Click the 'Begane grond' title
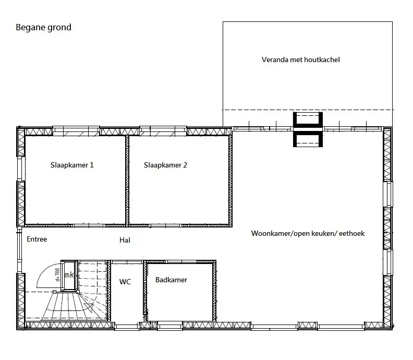(43, 28)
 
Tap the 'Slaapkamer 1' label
(72, 165)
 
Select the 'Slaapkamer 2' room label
(165, 165)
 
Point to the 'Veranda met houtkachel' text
(300, 59)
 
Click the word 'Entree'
(37, 239)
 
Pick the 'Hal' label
(125, 240)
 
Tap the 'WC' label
(125, 282)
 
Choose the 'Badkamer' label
(171, 280)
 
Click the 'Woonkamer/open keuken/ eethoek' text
(308, 234)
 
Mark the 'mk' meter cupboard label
(69, 275)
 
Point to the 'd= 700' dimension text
(58, 274)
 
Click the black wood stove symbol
(308, 129)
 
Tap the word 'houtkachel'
(322, 59)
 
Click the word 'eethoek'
(352, 234)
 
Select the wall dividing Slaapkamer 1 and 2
(127, 181)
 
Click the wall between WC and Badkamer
(145, 291)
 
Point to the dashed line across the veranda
(308, 110)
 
